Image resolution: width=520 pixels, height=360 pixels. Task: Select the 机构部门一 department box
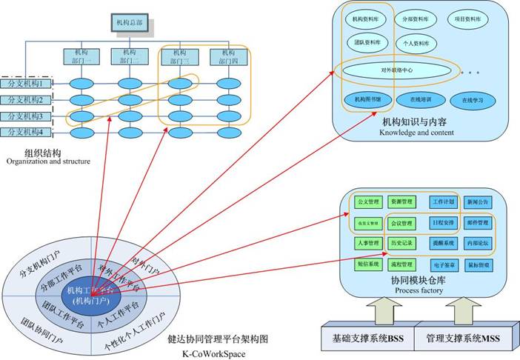pos(79,57)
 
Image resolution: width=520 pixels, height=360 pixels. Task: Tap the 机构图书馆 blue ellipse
pos(367,97)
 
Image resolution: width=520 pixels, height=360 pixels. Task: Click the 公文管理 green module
pos(368,201)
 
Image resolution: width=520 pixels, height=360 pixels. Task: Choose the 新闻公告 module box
pos(478,201)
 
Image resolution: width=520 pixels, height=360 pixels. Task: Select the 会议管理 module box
pos(401,222)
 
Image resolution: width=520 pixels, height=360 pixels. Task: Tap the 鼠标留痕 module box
pos(478,264)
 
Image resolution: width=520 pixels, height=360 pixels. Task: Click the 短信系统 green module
pos(368,264)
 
